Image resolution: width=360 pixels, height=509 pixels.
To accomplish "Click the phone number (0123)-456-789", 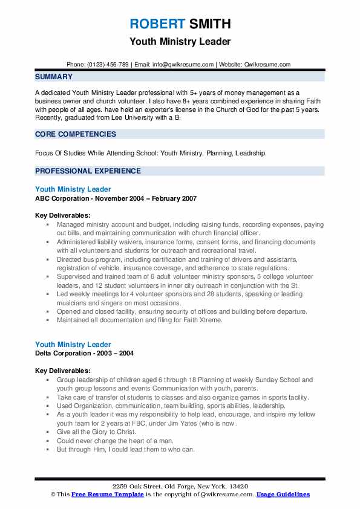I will pyautogui.click(x=109, y=64).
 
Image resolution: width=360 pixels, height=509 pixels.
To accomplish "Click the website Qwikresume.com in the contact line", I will pyautogui.click(x=267, y=64).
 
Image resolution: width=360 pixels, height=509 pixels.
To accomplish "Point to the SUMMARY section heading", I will pyautogui.click(x=54, y=77).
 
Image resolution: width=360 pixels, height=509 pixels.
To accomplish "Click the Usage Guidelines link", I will pyautogui.click(x=283, y=494).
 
